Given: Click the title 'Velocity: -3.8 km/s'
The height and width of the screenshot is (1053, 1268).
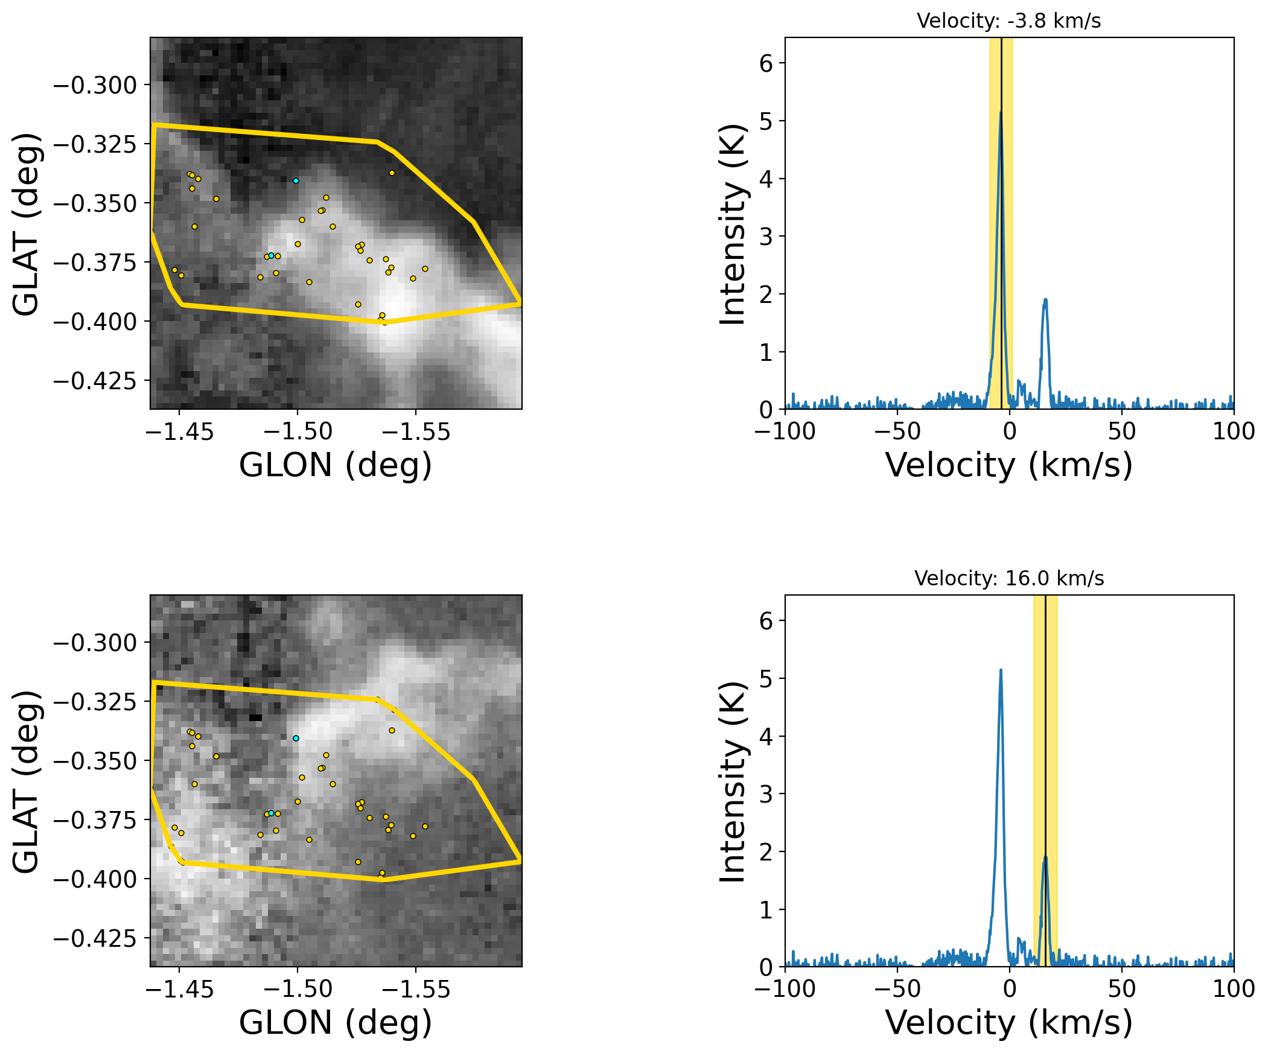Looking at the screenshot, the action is (x=1008, y=21).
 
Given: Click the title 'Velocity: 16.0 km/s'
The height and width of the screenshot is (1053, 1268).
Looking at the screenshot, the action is (x=1009, y=579).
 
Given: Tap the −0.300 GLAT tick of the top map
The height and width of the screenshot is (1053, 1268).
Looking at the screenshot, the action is (x=95, y=85).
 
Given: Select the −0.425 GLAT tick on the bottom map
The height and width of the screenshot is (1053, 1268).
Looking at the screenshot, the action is (x=95, y=938).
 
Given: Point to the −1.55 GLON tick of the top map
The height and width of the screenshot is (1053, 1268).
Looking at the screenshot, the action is (x=415, y=431).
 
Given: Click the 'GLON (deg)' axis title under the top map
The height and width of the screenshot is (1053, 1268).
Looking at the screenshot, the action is (x=336, y=465).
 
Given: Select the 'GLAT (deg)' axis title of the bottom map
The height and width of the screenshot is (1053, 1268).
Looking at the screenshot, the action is (x=27, y=781).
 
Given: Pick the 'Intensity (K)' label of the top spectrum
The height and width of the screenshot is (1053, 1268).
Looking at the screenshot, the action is (x=733, y=224).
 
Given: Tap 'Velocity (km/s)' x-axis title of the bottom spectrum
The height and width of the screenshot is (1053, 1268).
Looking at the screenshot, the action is (x=1009, y=1022).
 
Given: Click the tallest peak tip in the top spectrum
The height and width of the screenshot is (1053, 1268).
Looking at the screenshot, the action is (x=1001, y=112).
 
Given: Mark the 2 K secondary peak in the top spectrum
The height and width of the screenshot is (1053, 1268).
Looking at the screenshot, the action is (x=1045, y=299).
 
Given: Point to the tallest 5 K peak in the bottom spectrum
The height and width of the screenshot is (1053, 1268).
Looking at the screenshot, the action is (x=1001, y=670).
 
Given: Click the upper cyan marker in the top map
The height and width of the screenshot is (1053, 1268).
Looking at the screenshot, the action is (x=296, y=180).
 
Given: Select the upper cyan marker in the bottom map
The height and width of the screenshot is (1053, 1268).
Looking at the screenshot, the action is (x=296, y=738).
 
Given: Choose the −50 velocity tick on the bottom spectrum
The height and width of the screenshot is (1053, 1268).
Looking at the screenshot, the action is (x=897, y=988).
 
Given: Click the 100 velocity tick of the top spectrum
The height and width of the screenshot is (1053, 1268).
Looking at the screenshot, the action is (x=1234, y=431).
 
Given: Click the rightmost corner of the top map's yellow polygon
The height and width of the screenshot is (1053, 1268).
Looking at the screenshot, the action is (x=520, y=302).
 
